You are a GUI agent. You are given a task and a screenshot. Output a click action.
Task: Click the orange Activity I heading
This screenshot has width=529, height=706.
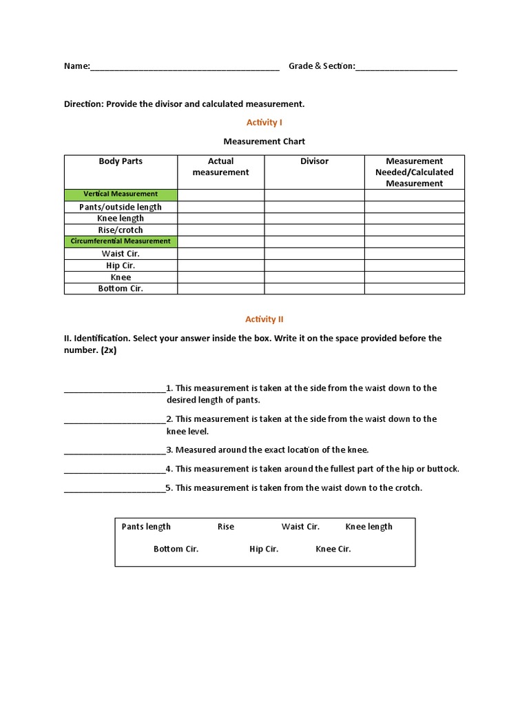(x=264, y=122)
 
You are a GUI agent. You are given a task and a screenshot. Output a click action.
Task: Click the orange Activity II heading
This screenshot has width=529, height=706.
(x=264, y=319)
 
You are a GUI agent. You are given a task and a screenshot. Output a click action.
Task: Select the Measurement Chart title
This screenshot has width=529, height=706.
(x=264, y=141)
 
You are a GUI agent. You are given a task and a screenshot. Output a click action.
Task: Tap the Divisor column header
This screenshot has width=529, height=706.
(x=314, y=161)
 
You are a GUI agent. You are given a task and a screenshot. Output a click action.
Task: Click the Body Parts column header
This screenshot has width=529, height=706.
(x=121, y=161)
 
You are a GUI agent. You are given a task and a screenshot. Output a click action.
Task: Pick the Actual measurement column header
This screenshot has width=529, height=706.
(x=220, y=167)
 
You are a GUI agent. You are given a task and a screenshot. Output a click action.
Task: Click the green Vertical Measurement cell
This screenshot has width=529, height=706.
(x=121, y=194)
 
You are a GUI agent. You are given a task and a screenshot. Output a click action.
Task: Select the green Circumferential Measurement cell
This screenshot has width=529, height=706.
(x=121, y=241)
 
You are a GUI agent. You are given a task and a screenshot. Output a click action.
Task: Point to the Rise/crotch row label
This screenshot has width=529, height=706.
(x=121, y=230)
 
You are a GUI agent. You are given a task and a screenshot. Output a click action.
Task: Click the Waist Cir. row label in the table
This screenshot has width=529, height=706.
(x=121, y=254)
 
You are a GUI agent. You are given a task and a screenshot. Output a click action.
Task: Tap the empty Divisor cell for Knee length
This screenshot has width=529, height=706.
(x=314, y=219)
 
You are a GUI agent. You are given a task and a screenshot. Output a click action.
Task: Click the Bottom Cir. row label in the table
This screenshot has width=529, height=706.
(x=121, y=289)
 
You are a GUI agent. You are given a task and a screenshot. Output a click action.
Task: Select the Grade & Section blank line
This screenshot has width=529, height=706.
(x=406, y=68)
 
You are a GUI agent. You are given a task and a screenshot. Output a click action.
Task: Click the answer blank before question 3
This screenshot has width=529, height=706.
(x=114, y=451)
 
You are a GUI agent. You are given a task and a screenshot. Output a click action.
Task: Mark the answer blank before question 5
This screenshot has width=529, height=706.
(x=114, y=489)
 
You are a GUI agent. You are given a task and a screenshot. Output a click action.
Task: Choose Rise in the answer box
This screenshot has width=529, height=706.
(x=226, y=527)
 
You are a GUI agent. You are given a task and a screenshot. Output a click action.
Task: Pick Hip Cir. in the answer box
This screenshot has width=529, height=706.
(x=264, y=549)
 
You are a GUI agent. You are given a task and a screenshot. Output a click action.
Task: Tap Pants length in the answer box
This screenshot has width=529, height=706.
(x=146, y=527)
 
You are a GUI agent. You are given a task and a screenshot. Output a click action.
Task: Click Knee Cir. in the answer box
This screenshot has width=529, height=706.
(x=333, y=549)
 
